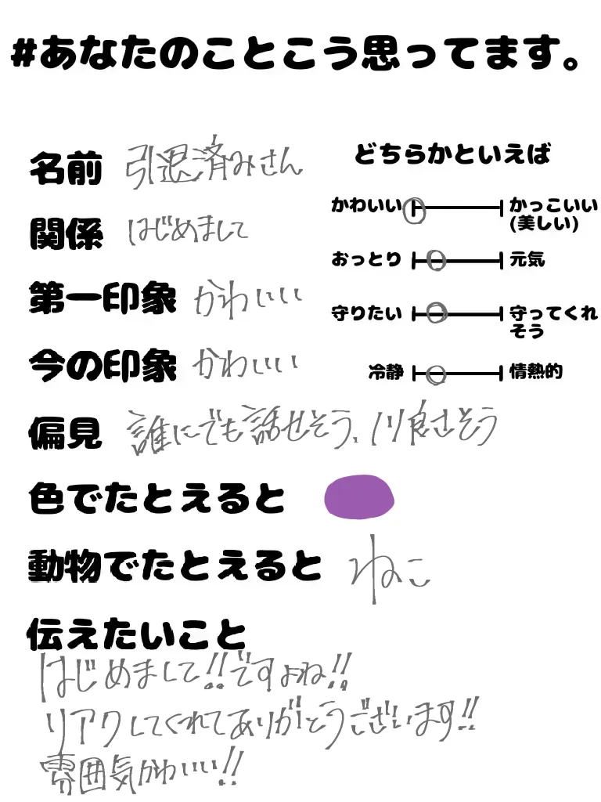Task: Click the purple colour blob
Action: [x=359, y=497]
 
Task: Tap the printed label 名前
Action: [x=66, y=168]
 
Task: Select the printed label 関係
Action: [x=66, y=233]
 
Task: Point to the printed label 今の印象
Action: [x=103, y=365]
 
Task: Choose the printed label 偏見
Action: [x=66, y=432]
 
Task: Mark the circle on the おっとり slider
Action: [x=437, y=260]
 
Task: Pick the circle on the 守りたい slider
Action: [x=437, y=313]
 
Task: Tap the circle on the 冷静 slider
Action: [x=436, y=374]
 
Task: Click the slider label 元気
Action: [x=527, y=259]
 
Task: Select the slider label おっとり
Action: [x=365, y=259]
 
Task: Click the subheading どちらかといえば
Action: [x=452, y=154]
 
